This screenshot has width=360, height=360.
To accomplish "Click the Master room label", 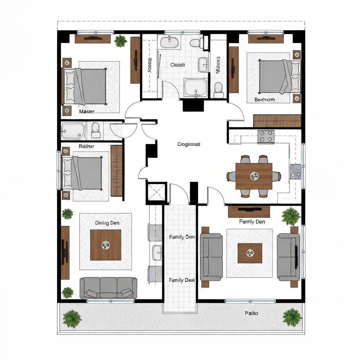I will pos(86,111).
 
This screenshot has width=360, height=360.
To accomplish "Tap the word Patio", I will pos(251,313).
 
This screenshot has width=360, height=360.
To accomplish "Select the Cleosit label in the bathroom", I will pos(178,65).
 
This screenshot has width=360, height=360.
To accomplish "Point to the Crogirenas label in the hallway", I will pos(189,144).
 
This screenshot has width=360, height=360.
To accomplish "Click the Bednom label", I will pos(265,100).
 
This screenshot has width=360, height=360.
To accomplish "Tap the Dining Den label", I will pos(107,223).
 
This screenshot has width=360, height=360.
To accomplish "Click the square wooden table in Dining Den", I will pos(105,245).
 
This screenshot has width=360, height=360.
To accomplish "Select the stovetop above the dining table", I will pos(266,137).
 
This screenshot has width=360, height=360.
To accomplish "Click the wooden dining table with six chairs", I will pos(254,176).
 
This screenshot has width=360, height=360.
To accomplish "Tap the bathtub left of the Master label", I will pos(73,130).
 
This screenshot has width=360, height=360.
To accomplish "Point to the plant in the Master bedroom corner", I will pos(121,41).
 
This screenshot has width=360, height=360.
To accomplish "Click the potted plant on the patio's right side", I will pos(292,317).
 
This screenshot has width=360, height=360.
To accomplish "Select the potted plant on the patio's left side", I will pos(72,318).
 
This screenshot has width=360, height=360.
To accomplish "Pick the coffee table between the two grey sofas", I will pos(250,253).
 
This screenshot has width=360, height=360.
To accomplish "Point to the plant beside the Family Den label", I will pos(291,216).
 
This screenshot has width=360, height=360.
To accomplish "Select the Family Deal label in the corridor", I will pos(182,280).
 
